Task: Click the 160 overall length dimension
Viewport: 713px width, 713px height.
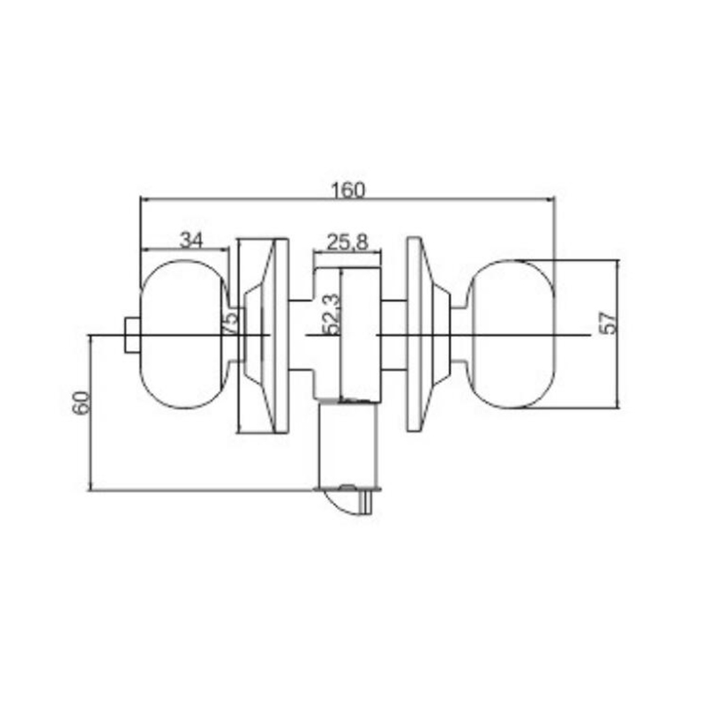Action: (x=348, y=190)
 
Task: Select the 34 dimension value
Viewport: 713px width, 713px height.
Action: (x=192, y=240)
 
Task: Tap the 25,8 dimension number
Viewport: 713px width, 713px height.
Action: (x=347, y=242)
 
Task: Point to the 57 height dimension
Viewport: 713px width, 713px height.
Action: (x=610, y=323)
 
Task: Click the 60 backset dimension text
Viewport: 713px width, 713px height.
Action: (x=82, y=403)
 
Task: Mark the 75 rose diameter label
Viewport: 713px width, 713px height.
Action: (x=230, y=322)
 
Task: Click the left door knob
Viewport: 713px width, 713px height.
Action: (x=184, y=334)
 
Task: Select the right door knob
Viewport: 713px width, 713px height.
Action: (x=512, y=334)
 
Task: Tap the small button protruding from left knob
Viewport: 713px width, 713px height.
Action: (x=132, y=335)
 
